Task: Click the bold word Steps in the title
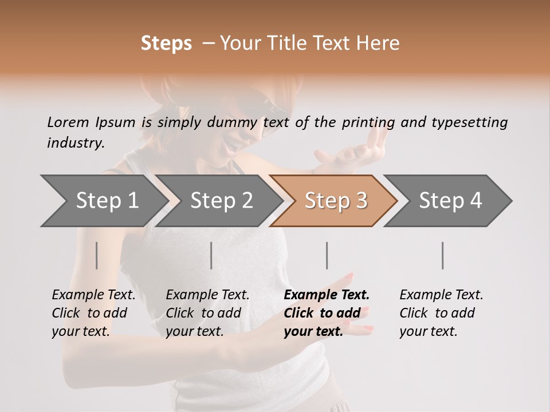(x=166, y=43)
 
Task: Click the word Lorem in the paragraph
(x=68, y=122)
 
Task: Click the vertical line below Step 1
(x=97, y=255)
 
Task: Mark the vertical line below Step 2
(x=211, y=255)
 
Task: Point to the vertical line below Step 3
(x=327, y=255)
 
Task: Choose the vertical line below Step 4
(x=443, y=255)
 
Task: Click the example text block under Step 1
(x=93, y=313)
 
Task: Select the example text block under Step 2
(x=207, y=313)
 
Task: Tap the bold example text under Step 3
(x=327, y=313)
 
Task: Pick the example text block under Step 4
(x=441, y=313)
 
